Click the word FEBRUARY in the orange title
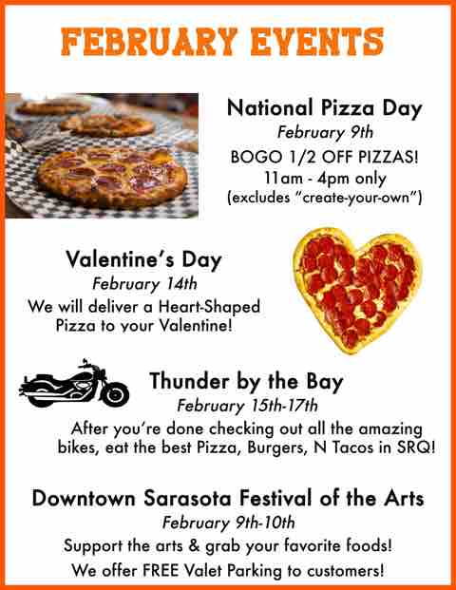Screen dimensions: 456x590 [x=149, y=42]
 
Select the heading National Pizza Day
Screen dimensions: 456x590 [x=324, y=108]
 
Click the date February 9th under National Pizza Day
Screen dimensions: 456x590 [x=325, y=132]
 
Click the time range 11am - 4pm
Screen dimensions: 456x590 [x=308, y=178]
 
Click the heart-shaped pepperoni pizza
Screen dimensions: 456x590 [x=357, y=289]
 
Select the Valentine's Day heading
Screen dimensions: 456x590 [x=143, y=260]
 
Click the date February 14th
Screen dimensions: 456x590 [x=144, y=284]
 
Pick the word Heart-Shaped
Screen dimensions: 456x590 [x=209, y=307]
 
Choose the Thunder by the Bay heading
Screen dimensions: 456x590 [x=246, y=381]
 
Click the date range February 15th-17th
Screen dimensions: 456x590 [x=247, y=406]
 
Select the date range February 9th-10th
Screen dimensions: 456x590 [x=228, y=523]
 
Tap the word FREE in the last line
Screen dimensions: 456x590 [x=161, y=570]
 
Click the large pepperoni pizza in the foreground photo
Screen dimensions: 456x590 [x=112, y=176]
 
